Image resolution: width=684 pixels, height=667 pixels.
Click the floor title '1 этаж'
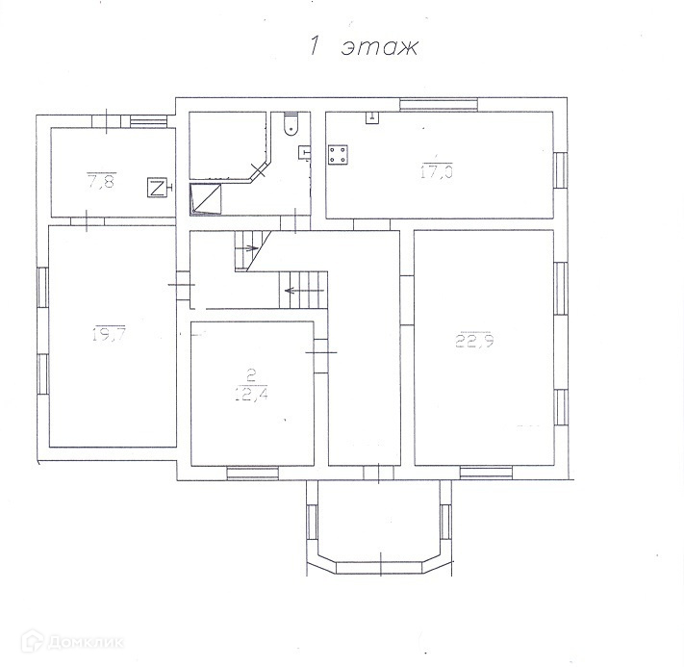(x=363, y=47)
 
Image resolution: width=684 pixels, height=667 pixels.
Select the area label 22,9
(x=474, y=340)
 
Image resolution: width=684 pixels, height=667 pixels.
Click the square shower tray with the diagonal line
(x=207, y=198)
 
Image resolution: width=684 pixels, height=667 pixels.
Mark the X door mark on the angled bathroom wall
(x=258, y=171)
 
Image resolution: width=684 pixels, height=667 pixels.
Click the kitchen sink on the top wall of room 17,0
(x=372, y=118)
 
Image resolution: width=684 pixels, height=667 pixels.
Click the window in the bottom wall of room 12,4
(x=253, y=472)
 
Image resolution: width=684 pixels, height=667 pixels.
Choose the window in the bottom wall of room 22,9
(x=485, y=472)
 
